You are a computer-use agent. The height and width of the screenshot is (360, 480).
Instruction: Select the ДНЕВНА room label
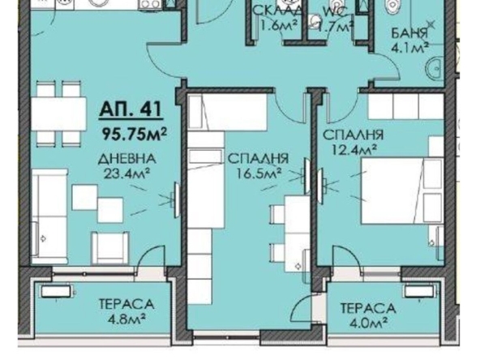click(124, 159)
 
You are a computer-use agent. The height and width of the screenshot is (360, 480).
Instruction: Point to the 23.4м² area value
click(125, 172)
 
